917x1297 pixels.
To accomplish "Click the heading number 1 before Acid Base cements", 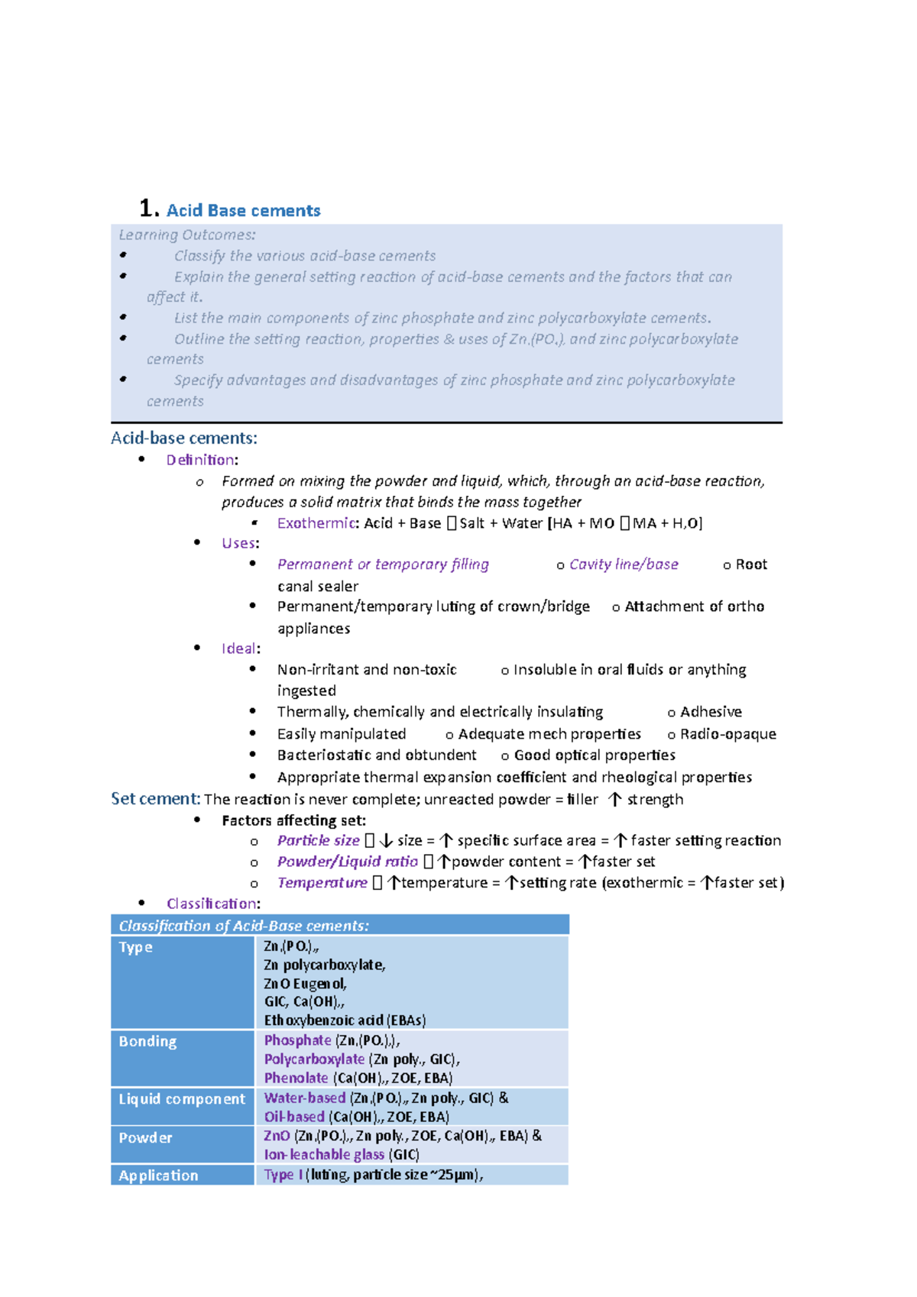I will tap(148, 209).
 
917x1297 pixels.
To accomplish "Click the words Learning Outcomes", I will tap(186, 234).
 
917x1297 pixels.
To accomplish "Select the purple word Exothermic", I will tap(316, 523).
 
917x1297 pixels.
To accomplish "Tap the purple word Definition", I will tap(201, 460).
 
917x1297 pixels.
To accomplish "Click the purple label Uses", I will tap(238, 543).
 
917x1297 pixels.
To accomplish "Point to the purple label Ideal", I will tap(238, 648).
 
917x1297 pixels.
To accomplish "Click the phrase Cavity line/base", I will tap(624, 564).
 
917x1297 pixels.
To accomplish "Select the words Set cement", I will tap(155, 799).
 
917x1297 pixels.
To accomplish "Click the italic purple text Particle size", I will tap(318, 841).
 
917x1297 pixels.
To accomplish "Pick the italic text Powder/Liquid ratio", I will tap(347, 862).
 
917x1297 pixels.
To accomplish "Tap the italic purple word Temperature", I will tap(322, 883).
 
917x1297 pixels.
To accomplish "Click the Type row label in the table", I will tap(136, 947).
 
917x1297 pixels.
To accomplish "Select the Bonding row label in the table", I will tap(147, 1041).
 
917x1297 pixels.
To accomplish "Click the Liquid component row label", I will tap(182, 1098).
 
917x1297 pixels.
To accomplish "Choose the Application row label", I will tap(158, 1176).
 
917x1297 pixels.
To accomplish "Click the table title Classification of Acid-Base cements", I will tap(244, 926).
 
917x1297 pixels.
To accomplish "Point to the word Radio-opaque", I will tap(727, 734).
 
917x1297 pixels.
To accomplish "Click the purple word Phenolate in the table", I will tap(296, 1078).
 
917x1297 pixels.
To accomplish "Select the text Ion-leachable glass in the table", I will tap(324, 1155).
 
